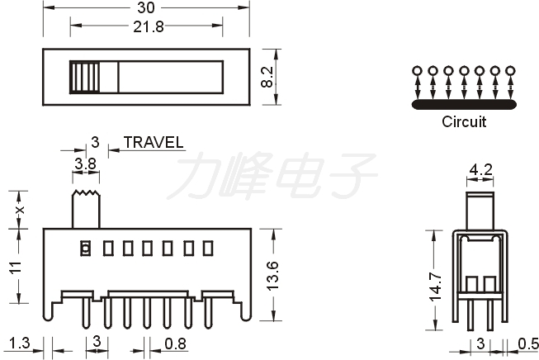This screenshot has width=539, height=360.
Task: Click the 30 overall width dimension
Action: click(x=146, y=7)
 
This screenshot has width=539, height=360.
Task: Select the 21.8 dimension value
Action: click(x=149, y=26)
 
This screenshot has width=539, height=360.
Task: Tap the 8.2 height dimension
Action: click(x=267, y=77)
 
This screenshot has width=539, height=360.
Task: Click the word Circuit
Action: click(x=464, y=121)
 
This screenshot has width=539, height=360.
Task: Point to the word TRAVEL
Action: click(x=154, y=142)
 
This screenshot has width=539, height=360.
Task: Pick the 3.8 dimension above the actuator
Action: click(x=86, y=164)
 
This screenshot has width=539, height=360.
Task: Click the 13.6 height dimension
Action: click(x=273, y=276)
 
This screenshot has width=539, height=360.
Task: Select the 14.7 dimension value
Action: click(x=435, y=287)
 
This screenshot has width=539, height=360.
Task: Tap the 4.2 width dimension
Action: click(x=480, y=169)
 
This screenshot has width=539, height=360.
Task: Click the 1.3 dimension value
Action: click(x=20, y=343)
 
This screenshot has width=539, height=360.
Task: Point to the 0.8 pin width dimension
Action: click(x=175, y=343)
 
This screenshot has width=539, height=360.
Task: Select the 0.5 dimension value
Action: click(x=528, y=343)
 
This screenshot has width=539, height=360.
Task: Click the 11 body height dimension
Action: click(x=16, y=268)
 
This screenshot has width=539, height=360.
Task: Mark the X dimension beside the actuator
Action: click(x=21, y=209)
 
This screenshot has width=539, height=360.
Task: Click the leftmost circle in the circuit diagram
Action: click(x=417, y=71)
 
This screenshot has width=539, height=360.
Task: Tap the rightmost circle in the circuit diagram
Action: click(x=510, y=71)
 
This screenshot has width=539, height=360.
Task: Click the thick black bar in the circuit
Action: click(x=464, y=105)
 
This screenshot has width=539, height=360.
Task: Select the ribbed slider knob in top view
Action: click(x=84, y=77)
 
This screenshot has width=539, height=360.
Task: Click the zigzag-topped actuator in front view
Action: click(x=86, y=209)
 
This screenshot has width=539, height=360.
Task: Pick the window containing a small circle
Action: click(x=85, y=248)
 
